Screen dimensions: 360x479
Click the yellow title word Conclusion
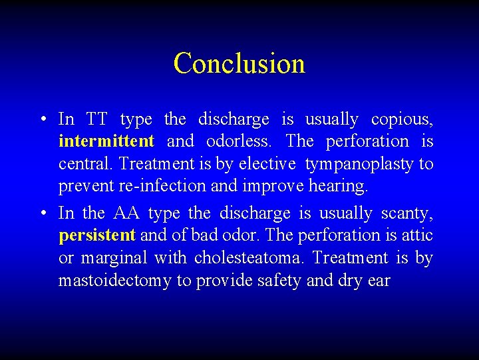coord(239,63)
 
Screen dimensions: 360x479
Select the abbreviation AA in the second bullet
coord(126,213)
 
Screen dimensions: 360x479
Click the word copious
coord(402,120)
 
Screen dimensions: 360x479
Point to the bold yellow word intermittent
coord(106,142)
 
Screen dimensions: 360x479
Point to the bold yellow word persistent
coord(97,236)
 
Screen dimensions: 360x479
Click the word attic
coord(417,235)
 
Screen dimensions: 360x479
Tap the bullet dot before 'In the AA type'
coord(42,214)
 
